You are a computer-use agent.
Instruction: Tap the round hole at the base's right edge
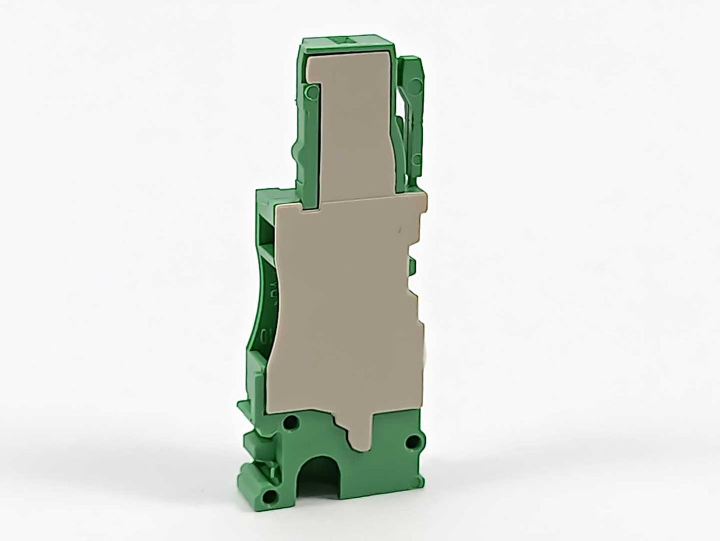413,441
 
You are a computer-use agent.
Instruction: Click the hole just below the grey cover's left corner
291,424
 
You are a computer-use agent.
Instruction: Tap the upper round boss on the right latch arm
414,87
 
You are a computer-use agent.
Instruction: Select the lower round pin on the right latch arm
417,159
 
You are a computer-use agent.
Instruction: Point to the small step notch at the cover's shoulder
312,205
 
